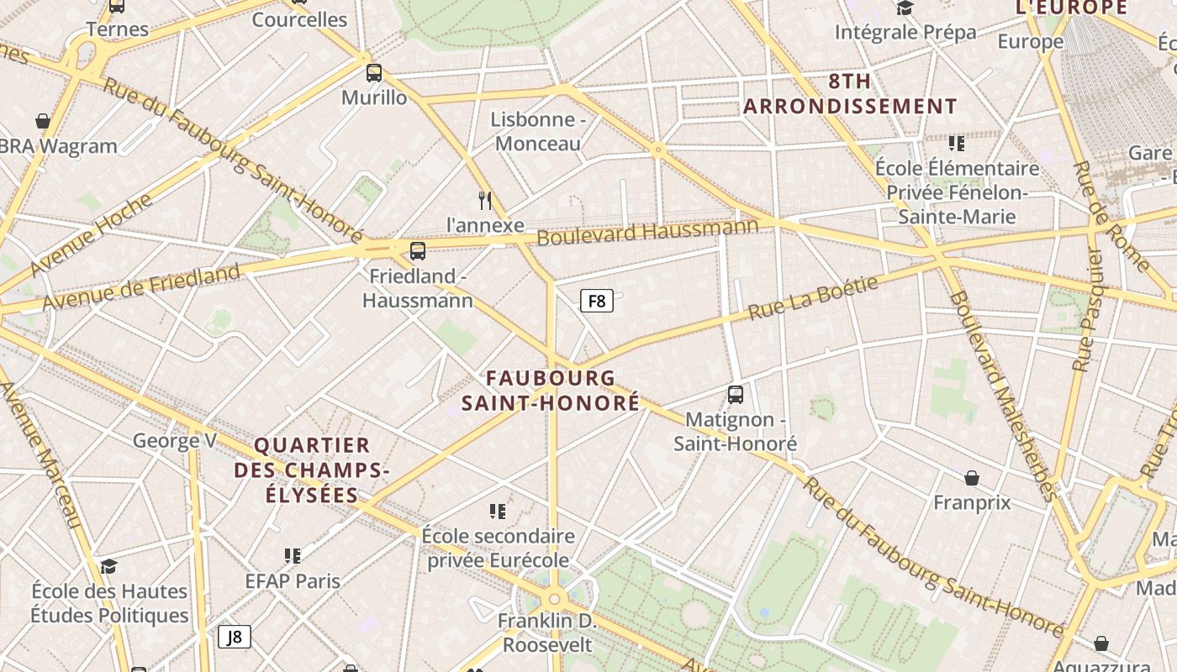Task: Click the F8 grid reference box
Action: [x=596, y=300]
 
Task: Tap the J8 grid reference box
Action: [x=235, y=637]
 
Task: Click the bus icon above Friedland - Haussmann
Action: [x=418, y=250]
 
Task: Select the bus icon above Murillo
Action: [x=374, y=73]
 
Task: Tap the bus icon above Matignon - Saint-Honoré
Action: [x=736, y=394]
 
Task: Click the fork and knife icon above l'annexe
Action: [x=484, y=200]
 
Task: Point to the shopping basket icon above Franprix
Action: [x=972, y=478]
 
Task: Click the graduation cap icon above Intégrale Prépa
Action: [x=905, y=8]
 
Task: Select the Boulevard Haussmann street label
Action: [x=647, y=232]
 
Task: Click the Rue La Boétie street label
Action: [x=813, y=297]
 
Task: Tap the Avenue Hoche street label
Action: [x=92, y=236]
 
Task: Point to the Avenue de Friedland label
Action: [x=141, y=287]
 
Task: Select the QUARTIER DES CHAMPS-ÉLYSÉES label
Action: [x=312, y=470]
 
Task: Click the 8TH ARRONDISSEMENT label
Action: [x=850, y=94]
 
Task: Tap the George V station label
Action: [x=175, y=440]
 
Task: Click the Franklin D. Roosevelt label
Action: [x=547, y=633]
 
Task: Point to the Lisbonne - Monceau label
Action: [x=538, y=131]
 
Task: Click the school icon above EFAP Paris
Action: [x=293, y=555]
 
